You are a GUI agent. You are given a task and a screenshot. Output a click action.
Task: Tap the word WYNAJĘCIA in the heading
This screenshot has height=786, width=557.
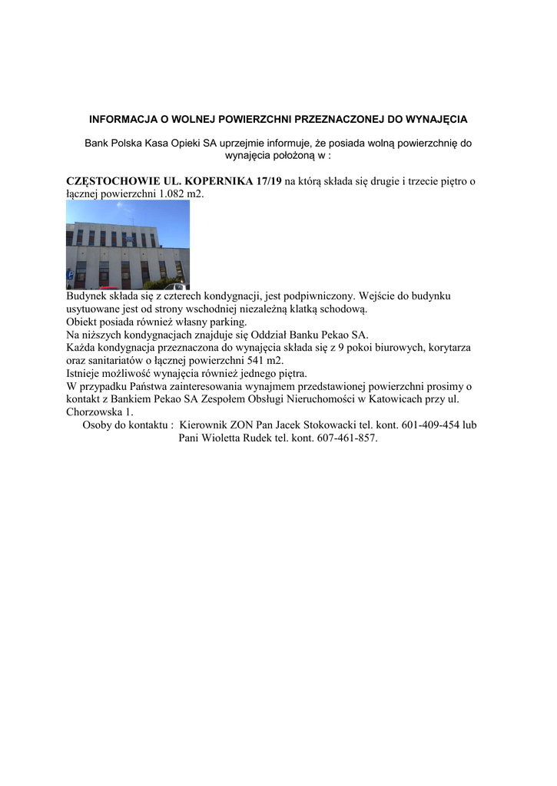tap(435, 120)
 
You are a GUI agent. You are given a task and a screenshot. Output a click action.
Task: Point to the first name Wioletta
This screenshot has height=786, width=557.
tap(225, 438)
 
